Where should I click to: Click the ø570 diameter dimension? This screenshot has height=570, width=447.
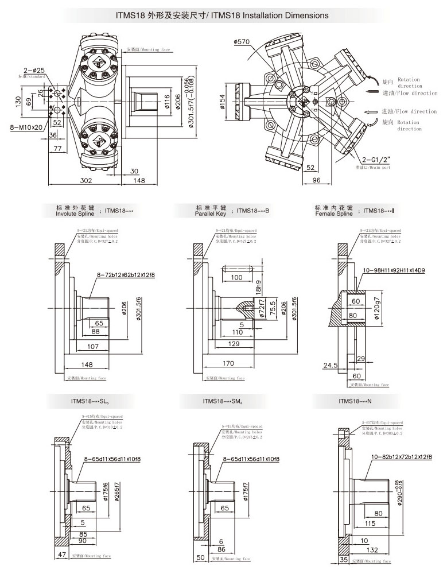(242, 41)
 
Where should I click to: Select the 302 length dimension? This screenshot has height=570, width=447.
(85, 180)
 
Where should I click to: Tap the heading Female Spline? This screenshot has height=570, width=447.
(335, 214)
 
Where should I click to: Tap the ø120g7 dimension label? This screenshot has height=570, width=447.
(378, 308)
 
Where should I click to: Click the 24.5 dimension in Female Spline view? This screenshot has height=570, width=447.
(330, 365)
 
